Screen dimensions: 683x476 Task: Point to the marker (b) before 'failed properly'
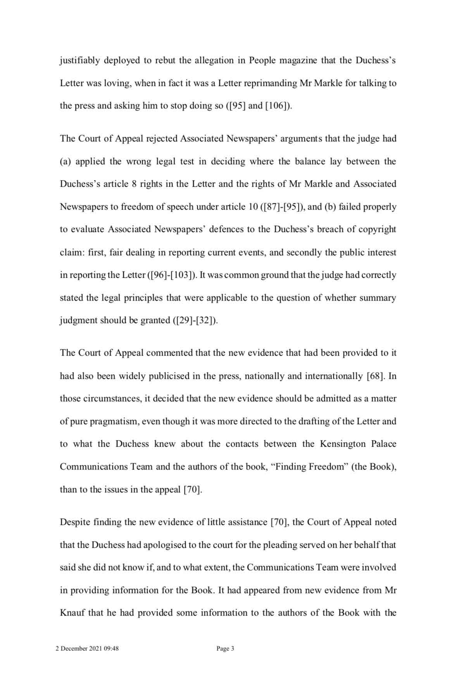click(x=330, y=207)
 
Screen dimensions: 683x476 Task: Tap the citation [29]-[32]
click(x=195, y=320)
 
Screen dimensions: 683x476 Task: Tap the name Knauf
click(x=72, y=613)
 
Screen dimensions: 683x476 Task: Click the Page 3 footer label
click(x=225, y=649)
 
